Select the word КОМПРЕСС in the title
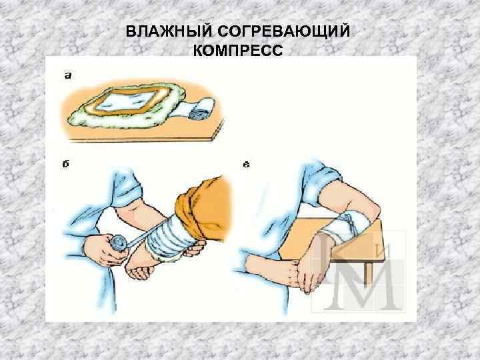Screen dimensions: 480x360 point(238,50)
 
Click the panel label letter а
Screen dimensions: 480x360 point(68,75)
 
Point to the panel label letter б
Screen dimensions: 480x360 point(65,164)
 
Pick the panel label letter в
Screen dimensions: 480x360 point(247,165)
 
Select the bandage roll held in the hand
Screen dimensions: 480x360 point(119,243)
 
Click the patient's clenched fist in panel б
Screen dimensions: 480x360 point(140,270)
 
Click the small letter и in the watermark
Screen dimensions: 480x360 point(385,252)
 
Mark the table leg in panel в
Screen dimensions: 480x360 point(369,273)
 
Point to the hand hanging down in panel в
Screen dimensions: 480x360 point(311,269)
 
